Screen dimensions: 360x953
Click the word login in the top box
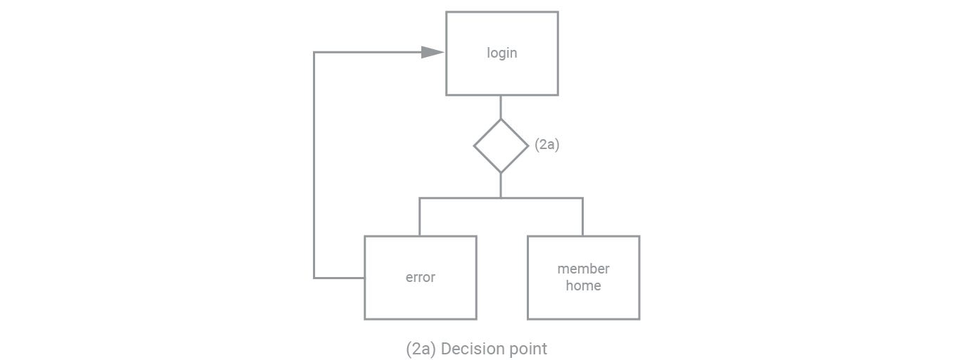point(501,53)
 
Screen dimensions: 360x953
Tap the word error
point(420,277)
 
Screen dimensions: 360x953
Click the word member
point(583,269)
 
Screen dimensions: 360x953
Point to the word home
point(583,285)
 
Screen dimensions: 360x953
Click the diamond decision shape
point(500,146)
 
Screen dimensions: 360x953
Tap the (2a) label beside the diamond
point(546,144)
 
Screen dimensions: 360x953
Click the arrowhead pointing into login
point(432,52)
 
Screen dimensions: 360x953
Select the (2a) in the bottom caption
point(421,349)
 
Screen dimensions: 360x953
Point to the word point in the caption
point(530,349)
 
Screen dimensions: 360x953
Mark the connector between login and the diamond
point(500,107)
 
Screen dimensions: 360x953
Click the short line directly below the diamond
point(500,185)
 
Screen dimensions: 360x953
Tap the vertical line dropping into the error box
point(419,217)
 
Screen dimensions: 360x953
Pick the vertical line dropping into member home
point(582,217)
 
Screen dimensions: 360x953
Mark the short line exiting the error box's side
point(339,278)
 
